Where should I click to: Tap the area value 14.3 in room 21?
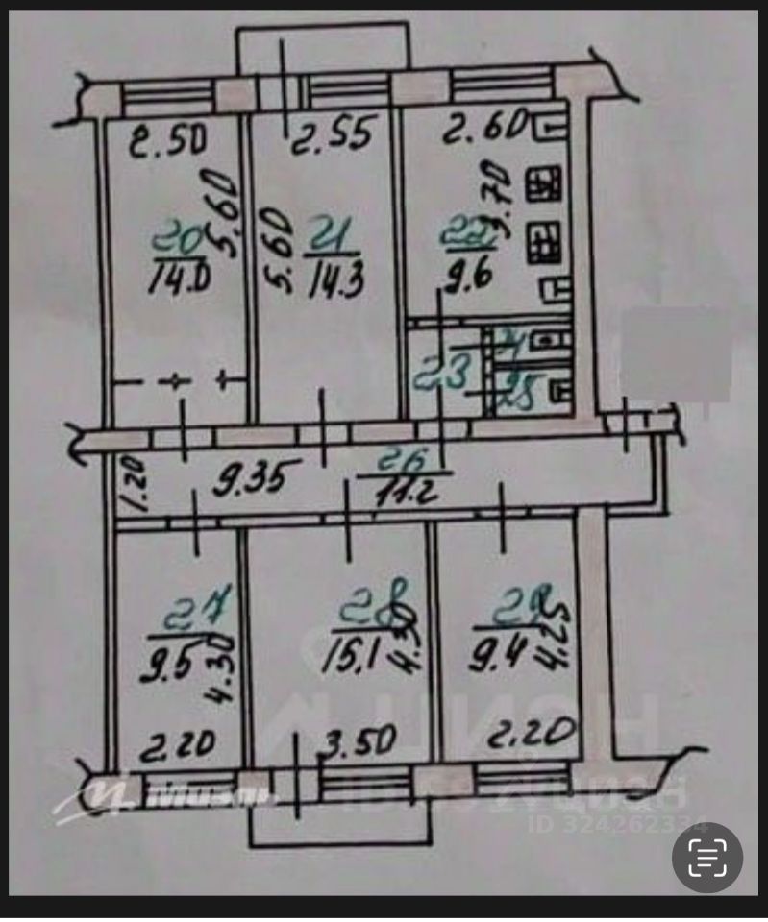pos(327,281)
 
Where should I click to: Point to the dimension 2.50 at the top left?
pos(168,143)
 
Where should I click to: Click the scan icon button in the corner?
pos(706,858)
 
